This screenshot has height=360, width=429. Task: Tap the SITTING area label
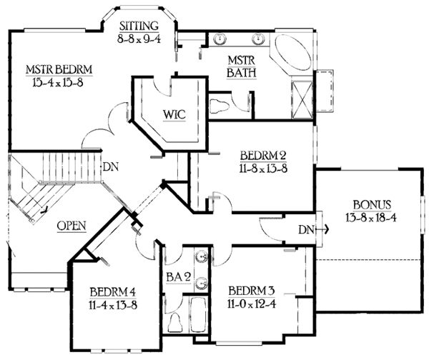pyautogui.click(x=139, y=26)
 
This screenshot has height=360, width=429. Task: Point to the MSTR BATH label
pyautogui.click(x=237, y=66)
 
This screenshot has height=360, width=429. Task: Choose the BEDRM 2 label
pyautogui.click(x=245, y=157)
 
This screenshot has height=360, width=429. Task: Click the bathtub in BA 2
pyautogui.click(x=199, y=314)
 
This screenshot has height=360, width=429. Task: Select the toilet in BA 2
pyautogui.click(x=173, y=325)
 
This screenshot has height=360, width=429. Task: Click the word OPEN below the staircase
pyautogui.click(x=71, y=226)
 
